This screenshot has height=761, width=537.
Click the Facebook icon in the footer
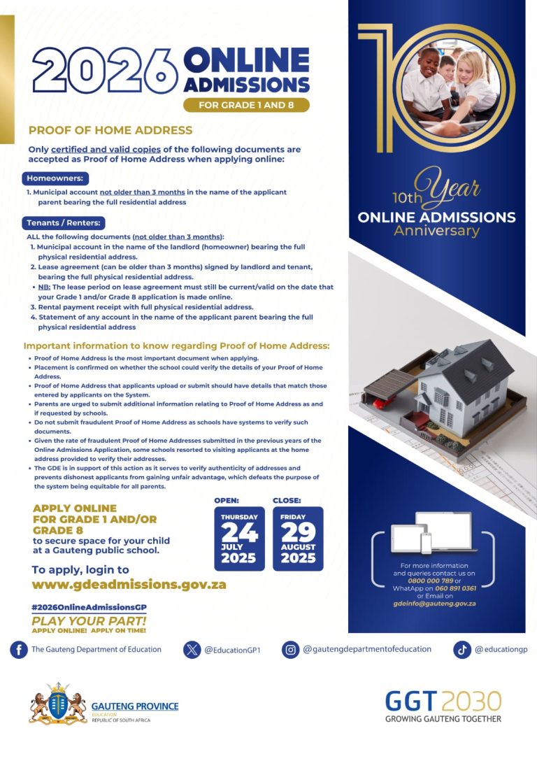click(18, 650)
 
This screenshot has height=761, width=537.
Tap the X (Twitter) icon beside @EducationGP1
click(192, 650)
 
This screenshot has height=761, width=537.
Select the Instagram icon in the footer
click(290, 650)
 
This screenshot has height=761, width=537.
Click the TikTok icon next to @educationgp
click(461, 650)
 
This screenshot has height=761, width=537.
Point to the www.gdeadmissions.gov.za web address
click(129, 585)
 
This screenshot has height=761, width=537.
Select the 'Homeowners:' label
click(55, 178)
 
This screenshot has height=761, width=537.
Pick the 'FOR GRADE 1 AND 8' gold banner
click(246, 106)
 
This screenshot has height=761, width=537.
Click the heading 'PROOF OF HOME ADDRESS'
click(110, 130)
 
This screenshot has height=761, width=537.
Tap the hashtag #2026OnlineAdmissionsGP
click(89, 607)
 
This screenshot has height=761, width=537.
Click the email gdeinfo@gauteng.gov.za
click(434, 603)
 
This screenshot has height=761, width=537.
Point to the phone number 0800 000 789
click(429, 581)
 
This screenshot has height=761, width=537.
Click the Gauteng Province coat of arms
click(57, 704)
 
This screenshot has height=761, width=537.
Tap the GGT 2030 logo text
click(443, 701)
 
